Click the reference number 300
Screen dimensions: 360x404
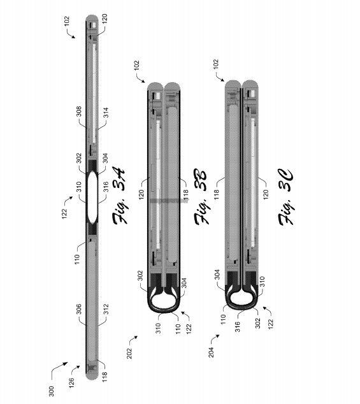tap(52, 391)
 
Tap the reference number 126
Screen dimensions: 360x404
tap(71, 382)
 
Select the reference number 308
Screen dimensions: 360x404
tap(79, 112)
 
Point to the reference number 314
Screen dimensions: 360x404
tap(106, 113)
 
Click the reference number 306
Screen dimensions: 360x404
tap(79, 309)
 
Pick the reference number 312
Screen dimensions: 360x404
tap(106, 310)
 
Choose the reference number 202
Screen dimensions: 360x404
tap(129, 353)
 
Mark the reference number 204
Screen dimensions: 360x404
tap(211, 352)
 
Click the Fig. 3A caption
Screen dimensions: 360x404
tap(119, 196)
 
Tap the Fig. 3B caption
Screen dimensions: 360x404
tap(201, 197)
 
